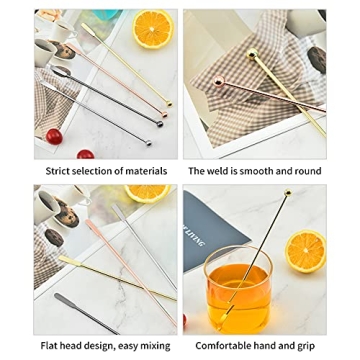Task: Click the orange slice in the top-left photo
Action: coord(153,30)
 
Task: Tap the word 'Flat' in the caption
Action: coord(51,345)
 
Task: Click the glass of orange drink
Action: coord(238,291)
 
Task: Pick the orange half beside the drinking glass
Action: coord(306,252)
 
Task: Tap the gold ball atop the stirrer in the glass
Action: coord(287,193)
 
